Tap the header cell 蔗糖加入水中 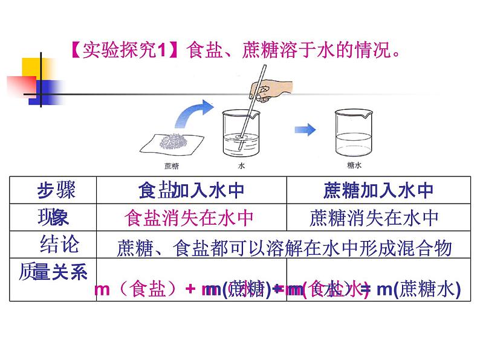coord(380,191)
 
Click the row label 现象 coord(55,217)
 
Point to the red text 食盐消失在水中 coord(189,217)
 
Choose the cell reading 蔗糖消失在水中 coord(374,217)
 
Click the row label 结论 coord(59,245)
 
